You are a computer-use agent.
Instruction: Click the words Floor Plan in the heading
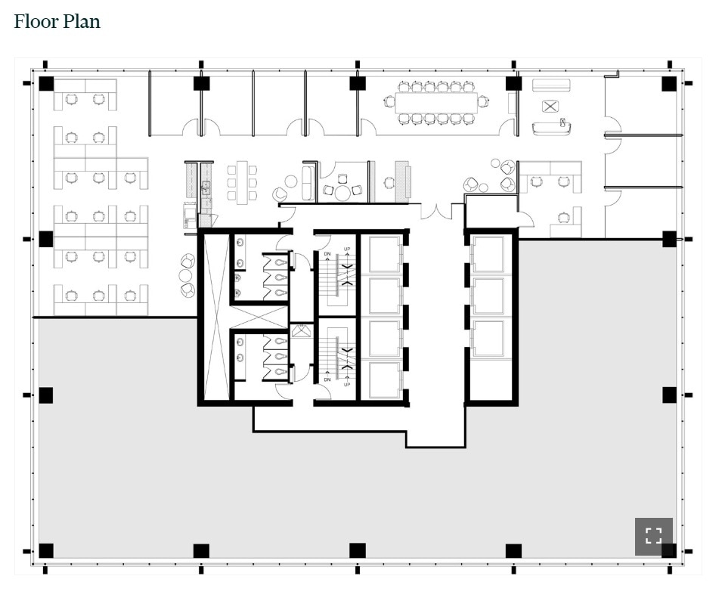point(57,21)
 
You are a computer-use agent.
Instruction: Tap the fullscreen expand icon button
point(653,536)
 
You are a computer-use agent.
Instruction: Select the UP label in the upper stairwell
point(347,249)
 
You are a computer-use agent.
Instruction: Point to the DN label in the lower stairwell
point(327,358)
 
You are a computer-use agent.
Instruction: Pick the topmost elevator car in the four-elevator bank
point(384,254)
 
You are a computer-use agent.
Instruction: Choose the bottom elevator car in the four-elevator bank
point(384,379)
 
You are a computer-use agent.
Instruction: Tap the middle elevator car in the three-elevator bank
point(488,296)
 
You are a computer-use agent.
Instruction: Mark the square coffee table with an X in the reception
point(550,107)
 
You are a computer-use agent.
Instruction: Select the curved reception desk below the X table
point(551,128)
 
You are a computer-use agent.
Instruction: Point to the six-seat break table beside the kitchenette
point(242,182)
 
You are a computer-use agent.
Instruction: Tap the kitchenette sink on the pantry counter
point(205,186)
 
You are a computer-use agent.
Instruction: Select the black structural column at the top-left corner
point(46,84)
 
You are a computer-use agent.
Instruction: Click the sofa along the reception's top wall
point(550,85)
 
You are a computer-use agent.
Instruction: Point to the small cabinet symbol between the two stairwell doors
point(302,330)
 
